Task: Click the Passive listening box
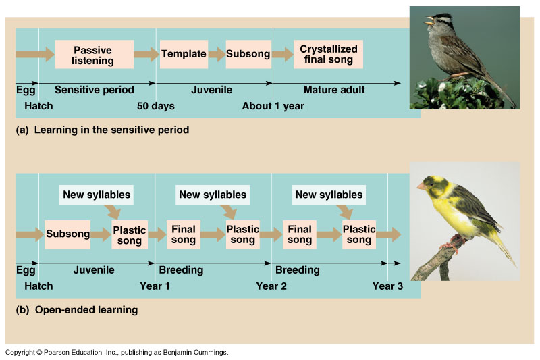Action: (94, 54)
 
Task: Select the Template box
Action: (184, 54)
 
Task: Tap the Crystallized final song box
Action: (328, 54)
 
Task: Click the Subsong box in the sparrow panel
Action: (248, 54)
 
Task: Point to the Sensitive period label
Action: (94, 90)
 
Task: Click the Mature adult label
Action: (334, 90)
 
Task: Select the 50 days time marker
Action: (156, 106)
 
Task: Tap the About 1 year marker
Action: (273, 106)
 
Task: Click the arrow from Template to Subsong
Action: (217, 54)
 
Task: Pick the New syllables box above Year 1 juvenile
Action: (97, 195)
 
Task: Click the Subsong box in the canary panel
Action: (67, 234)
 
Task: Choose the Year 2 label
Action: (271, 286)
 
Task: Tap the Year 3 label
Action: (387, 286)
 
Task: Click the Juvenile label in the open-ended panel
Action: (94, 270)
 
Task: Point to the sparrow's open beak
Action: (429, 20)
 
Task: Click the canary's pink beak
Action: (421, 186)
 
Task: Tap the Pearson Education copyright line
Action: (117, 353)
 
